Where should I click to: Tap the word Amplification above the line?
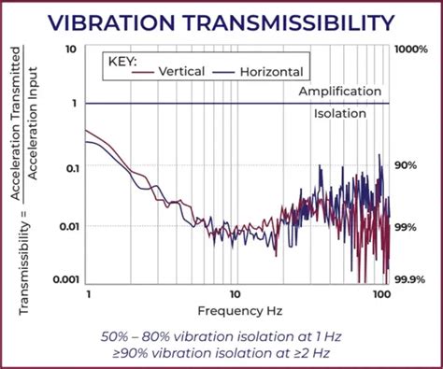[339, 92]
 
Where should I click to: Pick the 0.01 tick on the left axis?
[67, 226]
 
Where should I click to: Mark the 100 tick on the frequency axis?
[379, 293]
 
